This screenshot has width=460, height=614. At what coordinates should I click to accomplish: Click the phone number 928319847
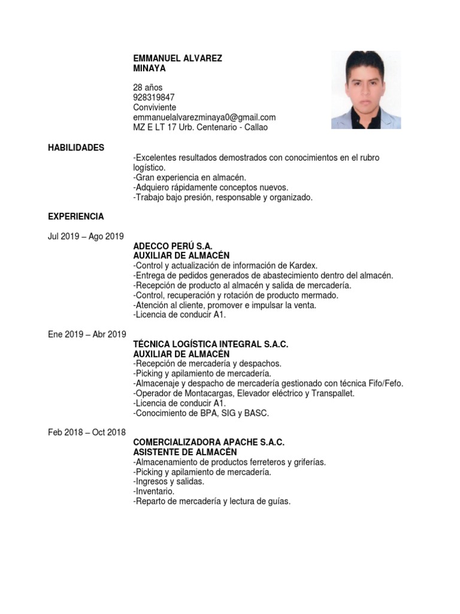tap(154, 97)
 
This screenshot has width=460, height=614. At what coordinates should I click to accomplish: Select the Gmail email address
tap(204, 118)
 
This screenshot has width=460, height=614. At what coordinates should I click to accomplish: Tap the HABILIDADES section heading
tap(76, 148)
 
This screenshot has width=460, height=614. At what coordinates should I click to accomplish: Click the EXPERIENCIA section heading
tap(76, 216)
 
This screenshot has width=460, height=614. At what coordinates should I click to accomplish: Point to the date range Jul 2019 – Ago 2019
tap(86, 236)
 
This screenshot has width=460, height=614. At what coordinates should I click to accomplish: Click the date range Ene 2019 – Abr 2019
tap(87, 335)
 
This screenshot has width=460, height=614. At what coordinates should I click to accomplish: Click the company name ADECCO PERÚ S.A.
tap(172, 246)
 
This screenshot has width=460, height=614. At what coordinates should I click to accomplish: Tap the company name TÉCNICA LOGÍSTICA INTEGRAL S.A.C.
tap(211, 344)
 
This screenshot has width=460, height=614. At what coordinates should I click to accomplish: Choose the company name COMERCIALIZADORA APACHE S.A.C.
tap(208, 442)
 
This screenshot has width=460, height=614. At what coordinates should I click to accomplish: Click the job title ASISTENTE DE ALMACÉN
tap(185, 452)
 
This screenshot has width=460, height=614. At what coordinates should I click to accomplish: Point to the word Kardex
tap(304, 266)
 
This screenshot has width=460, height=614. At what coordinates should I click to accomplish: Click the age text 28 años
tap(147, 88)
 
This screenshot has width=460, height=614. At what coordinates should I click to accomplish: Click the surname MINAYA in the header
tap(149, 68)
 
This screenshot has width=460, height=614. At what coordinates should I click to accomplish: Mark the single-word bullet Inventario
tap(155, 491)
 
